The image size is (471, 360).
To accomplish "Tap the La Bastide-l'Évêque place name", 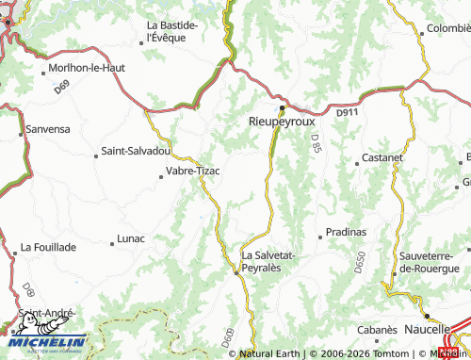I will [171, 32].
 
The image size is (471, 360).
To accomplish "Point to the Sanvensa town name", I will [48, 128].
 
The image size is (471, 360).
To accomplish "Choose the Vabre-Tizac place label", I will [192, 171].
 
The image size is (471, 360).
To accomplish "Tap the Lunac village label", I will [130, 238].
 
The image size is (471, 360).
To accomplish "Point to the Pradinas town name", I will [346, 231].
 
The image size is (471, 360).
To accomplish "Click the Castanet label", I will [382, 158].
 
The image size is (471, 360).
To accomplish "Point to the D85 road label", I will [316, 143].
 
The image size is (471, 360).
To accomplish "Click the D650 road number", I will [358, 265].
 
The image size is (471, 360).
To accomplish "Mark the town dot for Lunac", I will [111, 238].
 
